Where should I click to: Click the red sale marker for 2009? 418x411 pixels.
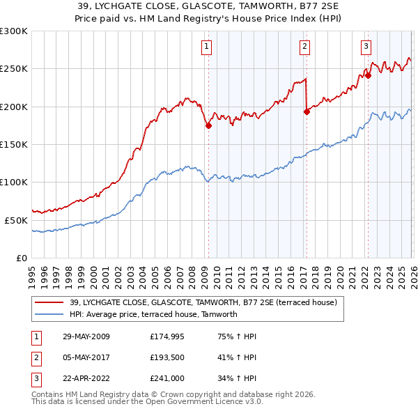(x=208, y=126)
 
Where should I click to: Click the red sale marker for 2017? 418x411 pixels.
(x=307, y=111)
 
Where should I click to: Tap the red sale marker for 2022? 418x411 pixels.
(x=368, y=76)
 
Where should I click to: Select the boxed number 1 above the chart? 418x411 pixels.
(x=207, y=47)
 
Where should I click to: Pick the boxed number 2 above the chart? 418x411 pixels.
(x=305, y=47)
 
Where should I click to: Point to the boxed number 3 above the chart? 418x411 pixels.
(x=366, y=47)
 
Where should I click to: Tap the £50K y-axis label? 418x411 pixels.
(x=16, y=220)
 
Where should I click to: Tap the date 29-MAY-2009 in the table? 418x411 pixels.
(x=86, y=336)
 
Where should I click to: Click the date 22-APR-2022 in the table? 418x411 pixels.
(x=86, y=378)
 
